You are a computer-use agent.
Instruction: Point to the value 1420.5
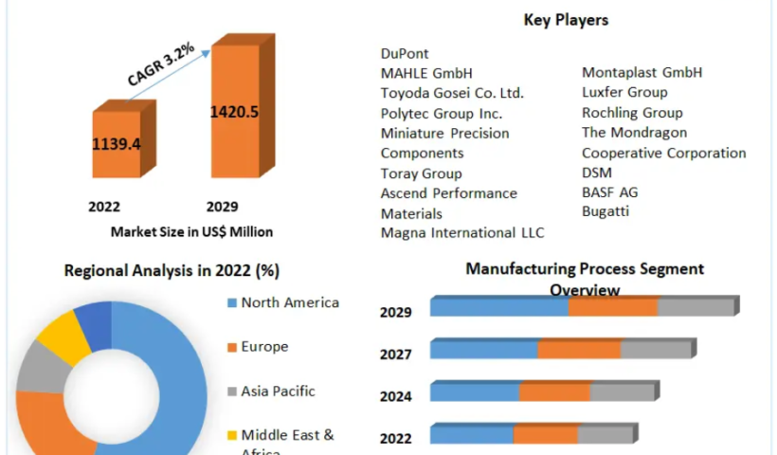coord(234,112)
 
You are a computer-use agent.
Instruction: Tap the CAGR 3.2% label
coord(161,64)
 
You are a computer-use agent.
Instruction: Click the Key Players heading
coord(566,20)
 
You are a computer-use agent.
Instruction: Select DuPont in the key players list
coord(405,54)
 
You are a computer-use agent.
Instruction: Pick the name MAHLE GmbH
coord(425,73)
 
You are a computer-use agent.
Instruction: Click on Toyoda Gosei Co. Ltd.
coord(452,93)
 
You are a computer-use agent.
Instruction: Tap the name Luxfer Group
coord(624,92)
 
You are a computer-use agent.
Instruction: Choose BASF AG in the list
coord(609,192)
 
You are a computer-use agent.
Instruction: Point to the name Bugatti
coord(605,211)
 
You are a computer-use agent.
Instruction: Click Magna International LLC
coord(462,232)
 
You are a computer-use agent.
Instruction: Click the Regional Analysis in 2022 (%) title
coord(172,271)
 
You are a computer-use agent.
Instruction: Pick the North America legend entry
coord(289,303)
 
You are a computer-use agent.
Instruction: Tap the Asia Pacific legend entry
coord(278,391)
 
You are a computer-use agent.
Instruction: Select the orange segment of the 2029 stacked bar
coord(612,307)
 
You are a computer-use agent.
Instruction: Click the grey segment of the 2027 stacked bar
coord(656,350)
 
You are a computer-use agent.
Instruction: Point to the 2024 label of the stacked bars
coord(395,396)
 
